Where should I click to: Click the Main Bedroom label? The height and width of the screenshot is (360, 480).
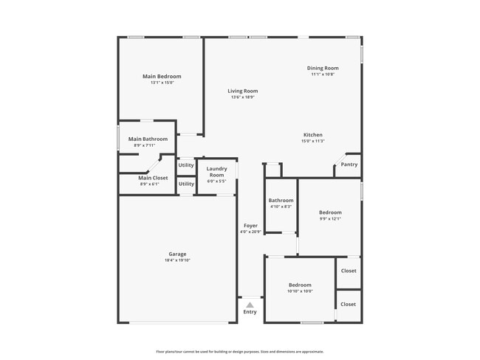coord(162,76)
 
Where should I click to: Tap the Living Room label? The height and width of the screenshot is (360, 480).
coord(242,91)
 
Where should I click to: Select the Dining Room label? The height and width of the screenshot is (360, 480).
coord(323,68)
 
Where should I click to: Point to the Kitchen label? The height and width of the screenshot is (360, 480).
coord(312,134)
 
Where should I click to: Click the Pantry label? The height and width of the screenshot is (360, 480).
coord(349,165)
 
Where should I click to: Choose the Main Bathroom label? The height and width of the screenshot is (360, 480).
coord(148,139)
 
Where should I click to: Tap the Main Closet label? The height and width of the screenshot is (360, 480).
coord(153,178)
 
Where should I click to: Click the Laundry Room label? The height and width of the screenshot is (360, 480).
coord(216,172)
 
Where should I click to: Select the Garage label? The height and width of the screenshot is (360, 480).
coord(177,254)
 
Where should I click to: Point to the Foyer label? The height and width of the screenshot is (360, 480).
coord(250,226)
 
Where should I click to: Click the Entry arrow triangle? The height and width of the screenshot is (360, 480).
coord(250,304)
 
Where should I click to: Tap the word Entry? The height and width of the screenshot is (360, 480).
coord(250,312)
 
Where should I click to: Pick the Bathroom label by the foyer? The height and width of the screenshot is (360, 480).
coord(281,200)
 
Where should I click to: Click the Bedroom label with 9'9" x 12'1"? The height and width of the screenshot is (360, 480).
coord(330,212)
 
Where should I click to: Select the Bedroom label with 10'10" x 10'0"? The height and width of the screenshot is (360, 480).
coord(300,285)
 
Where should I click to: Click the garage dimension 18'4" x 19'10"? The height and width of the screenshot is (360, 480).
coord(177,260)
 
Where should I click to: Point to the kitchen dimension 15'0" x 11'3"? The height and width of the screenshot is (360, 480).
coord(312,141)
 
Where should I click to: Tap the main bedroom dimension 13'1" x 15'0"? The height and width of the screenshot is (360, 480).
coord(162,83)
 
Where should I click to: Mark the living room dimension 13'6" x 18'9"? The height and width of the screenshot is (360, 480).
coord(242,97)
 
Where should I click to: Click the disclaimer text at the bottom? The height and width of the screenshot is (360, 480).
coord(239,351)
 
